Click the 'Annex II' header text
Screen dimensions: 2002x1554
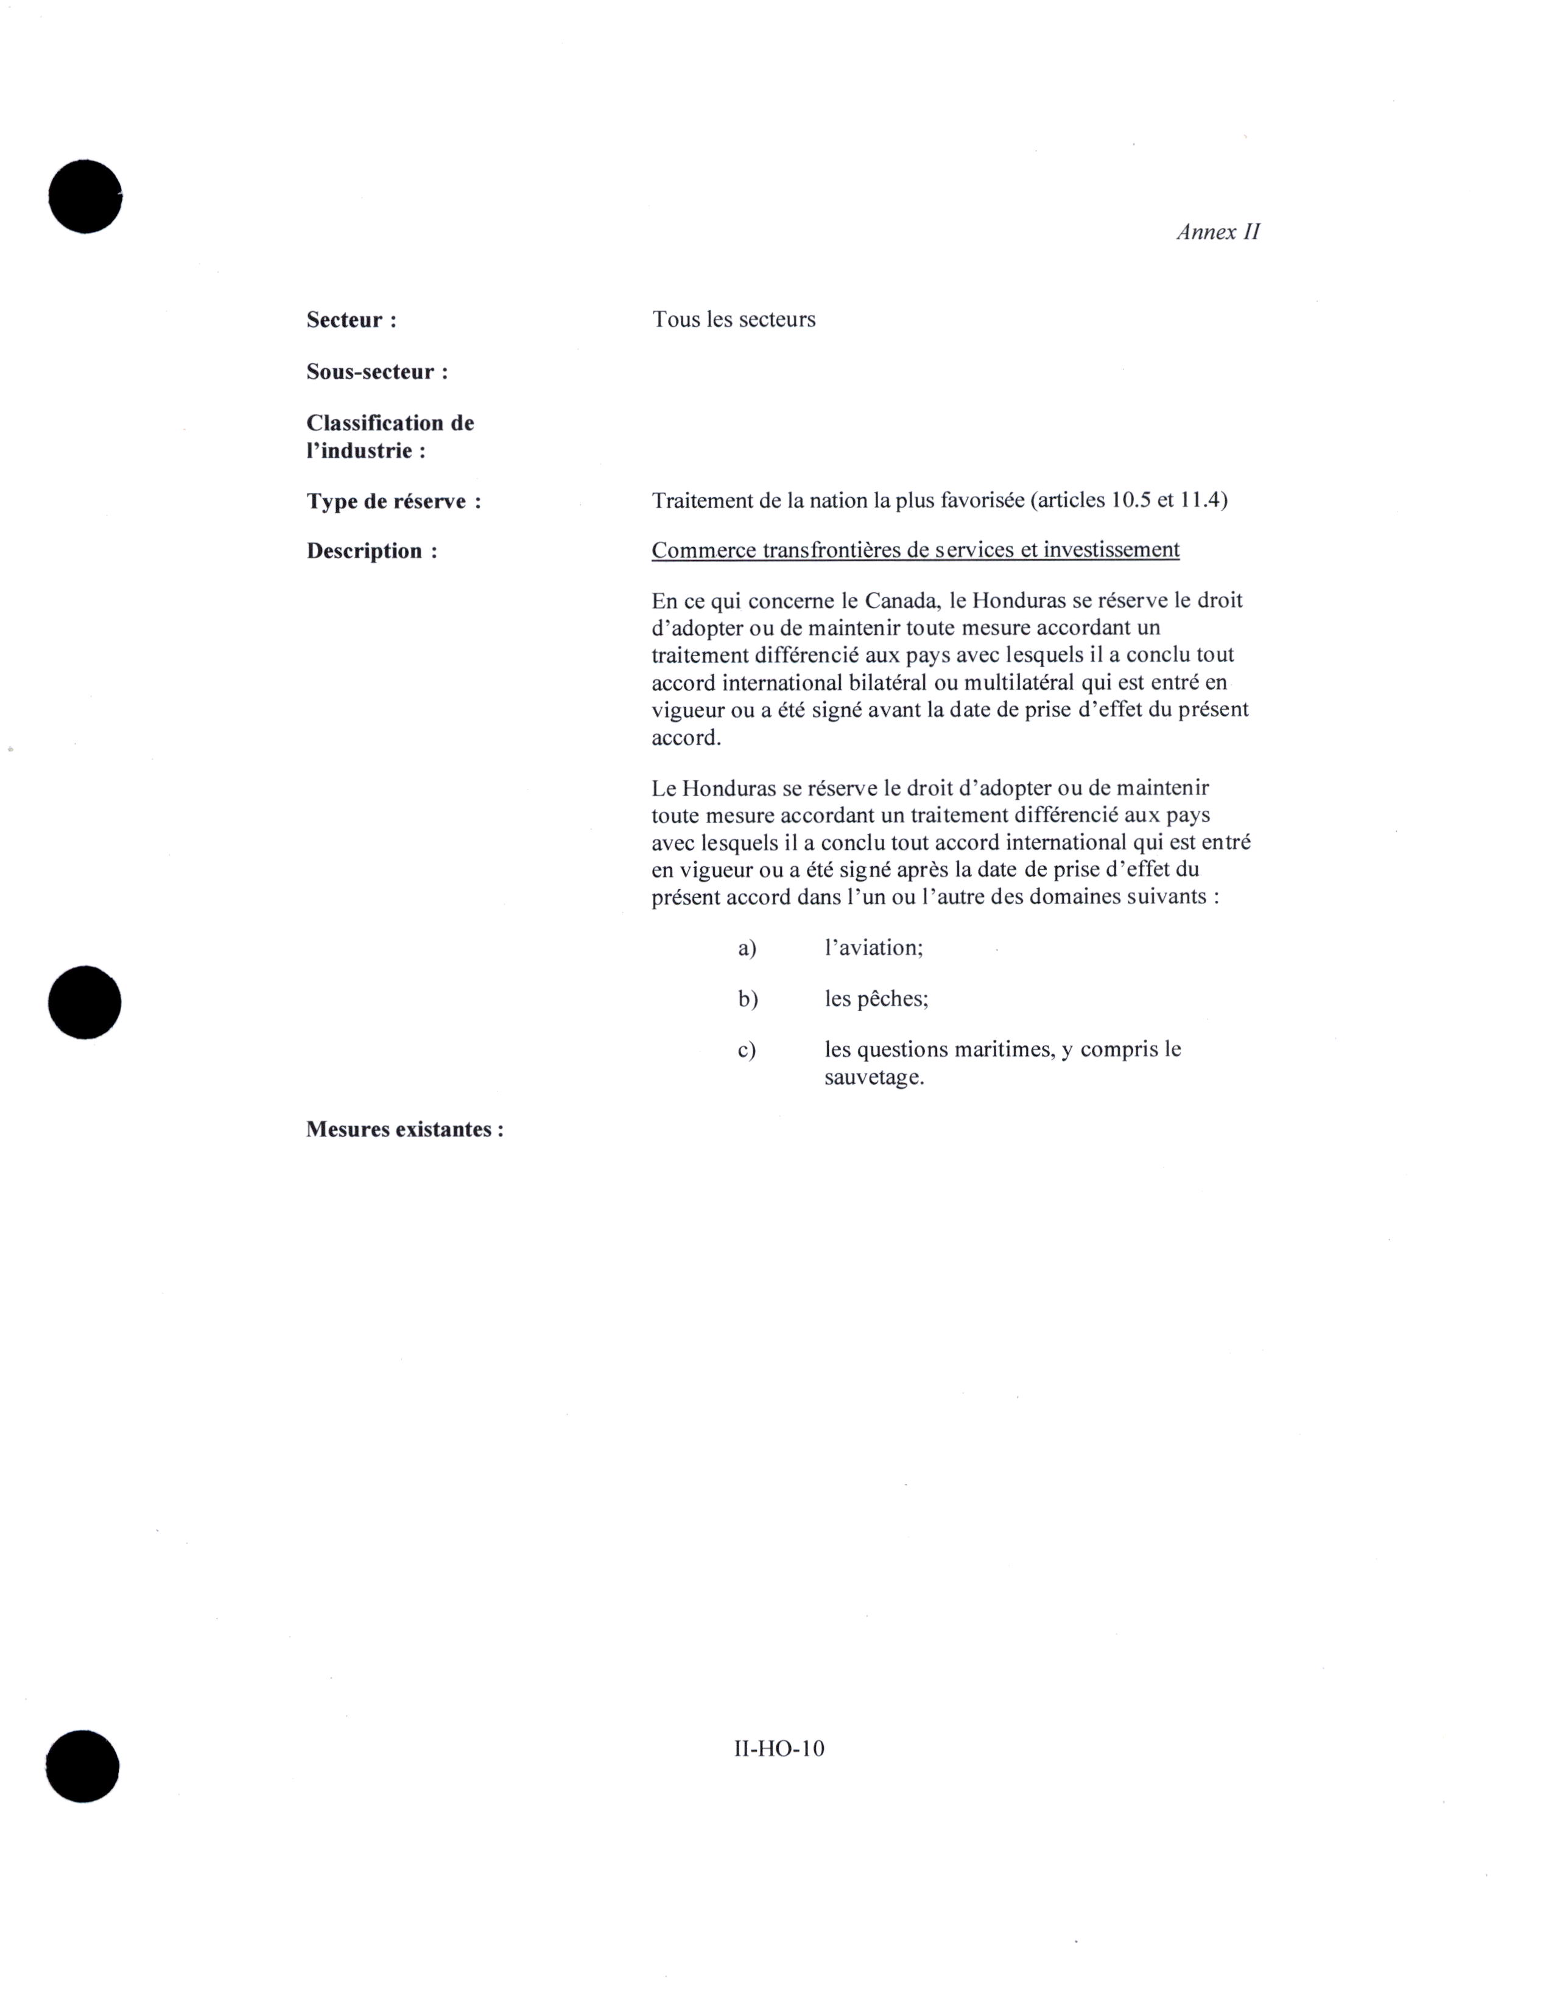1217,232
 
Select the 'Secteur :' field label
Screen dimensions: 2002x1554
351,320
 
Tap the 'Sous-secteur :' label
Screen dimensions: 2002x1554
377,372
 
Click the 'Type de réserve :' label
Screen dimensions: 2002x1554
393,502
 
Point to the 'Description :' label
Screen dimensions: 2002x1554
371,551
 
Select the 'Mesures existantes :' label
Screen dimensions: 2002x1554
404,1129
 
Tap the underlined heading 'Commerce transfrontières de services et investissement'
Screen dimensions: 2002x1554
915,550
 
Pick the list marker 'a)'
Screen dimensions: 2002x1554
747,948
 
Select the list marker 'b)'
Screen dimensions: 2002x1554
747,999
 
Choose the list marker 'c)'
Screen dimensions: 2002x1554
747,1049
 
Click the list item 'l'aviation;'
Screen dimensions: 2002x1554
873,948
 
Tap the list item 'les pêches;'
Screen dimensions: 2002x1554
876,999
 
